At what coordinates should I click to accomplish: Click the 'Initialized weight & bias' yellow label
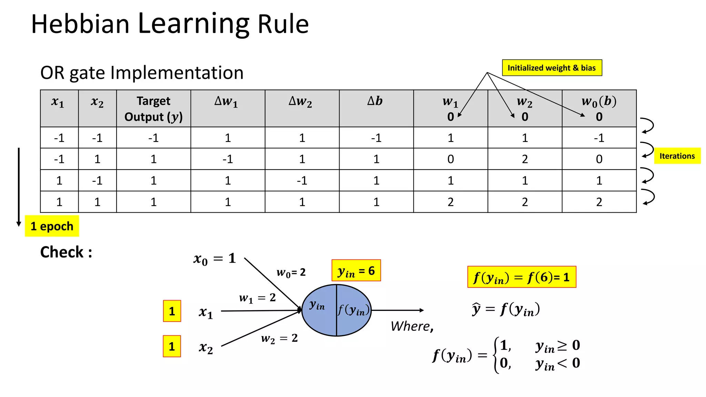click(x=552, y=68)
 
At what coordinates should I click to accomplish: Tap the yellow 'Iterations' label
click(x=677, y=156)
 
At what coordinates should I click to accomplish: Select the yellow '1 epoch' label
click(x=52, y=226)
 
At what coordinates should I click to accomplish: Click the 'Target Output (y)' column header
click(x=153, y=109)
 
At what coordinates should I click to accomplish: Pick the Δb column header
click(x=376, y=101)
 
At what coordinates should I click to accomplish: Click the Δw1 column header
click(x=227, y=101)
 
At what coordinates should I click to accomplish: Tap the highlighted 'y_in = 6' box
click(x=356, y=271)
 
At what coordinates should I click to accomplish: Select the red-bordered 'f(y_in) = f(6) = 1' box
click(x=522, y=277)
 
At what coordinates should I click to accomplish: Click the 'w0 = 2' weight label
click(x=291, y=273)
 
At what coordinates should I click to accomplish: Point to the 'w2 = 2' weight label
click(x=279, y=338)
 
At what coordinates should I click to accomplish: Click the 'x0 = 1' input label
click(x=215, y=258)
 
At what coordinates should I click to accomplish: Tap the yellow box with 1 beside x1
click(x=172, y=311)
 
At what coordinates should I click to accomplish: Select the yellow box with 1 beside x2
click(x=172, y=346)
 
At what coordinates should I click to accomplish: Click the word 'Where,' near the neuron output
click(x=412, y=326)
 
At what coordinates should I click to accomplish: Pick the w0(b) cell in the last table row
click(x=599, y=202)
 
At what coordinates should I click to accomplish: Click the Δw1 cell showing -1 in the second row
click(x=228, y=159)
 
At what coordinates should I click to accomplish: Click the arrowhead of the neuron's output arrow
click(x=422, y=310)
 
